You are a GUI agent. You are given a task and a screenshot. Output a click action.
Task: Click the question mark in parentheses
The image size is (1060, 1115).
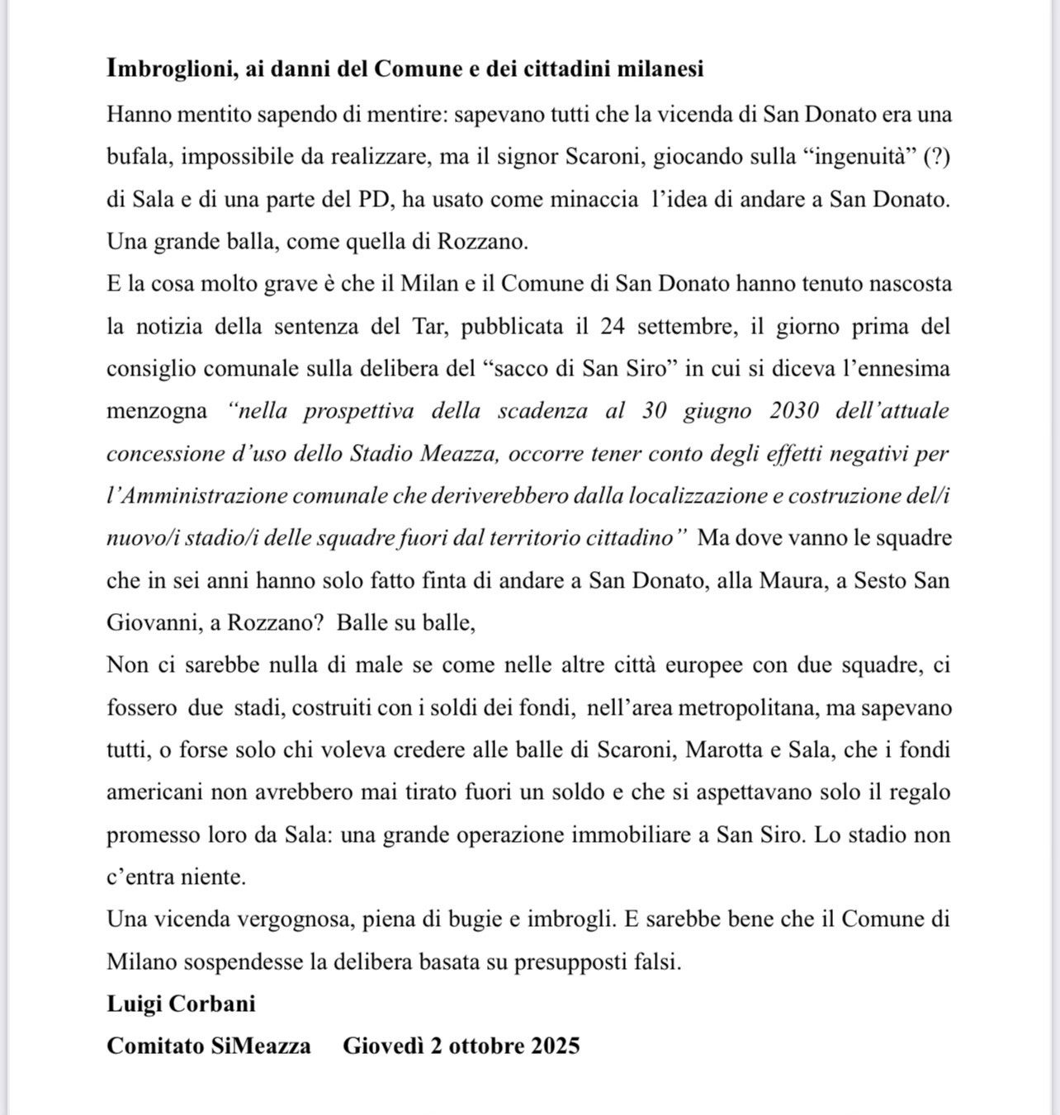tap(936, 157)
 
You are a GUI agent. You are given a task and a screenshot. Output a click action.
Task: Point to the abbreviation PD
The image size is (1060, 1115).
tap(373, 200)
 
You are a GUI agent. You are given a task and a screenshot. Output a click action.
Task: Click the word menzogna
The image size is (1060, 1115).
tap(156, 411)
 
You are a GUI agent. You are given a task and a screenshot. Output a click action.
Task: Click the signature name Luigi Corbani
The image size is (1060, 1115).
tap(181, 1004)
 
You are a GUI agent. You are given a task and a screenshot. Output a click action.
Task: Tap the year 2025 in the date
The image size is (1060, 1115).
tap(555, 1046)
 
